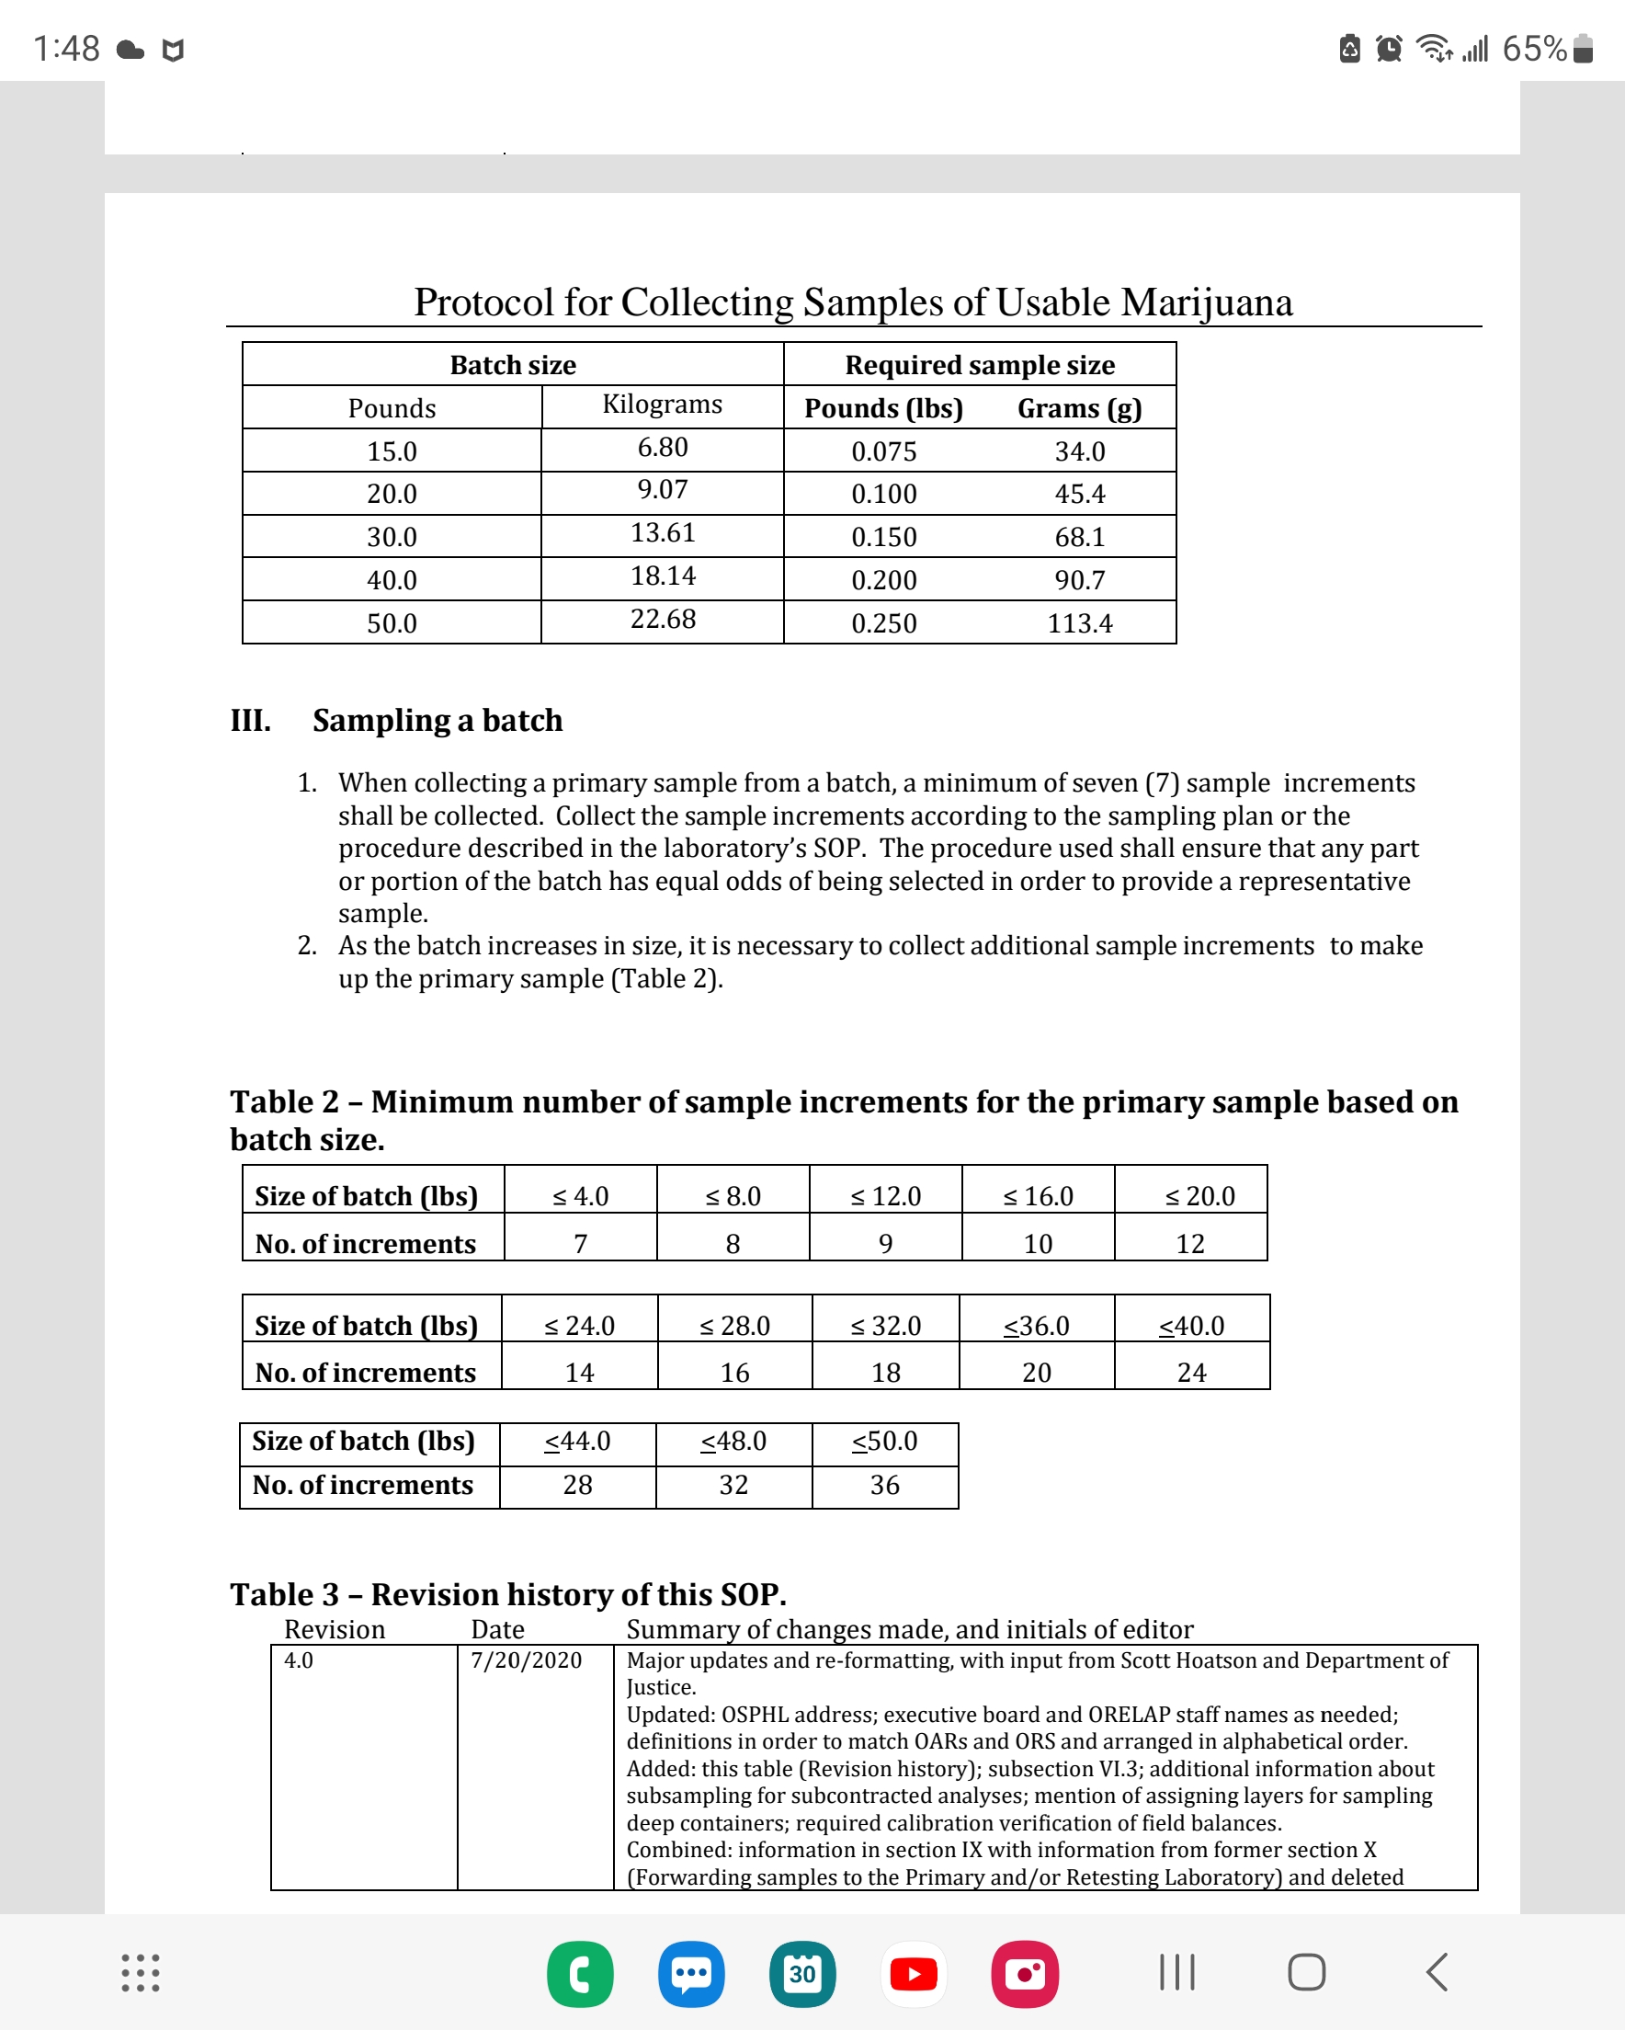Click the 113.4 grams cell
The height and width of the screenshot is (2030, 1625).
coord(1079,623)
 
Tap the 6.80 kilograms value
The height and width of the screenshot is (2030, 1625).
coord(663,447)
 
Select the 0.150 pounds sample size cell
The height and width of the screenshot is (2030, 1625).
coord(883,537)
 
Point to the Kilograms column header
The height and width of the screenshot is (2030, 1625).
coord(663,404)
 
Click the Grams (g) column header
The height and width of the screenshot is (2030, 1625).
coord(1079,408)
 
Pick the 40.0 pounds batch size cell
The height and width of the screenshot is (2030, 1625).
coord(392,580)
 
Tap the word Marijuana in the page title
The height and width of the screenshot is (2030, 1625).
coord(1206,302)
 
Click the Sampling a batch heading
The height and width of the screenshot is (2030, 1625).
coord(437,720)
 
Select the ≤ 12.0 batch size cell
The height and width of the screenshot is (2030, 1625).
coord(885,1196)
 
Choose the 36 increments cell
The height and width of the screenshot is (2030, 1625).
coord(884,1485)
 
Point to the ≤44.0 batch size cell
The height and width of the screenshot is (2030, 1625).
coord(577,1441)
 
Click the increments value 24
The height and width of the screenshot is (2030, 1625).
coord(1191,1373)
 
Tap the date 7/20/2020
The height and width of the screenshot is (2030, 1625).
coord(527,1660)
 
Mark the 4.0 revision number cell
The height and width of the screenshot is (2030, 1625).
coord(299,1660)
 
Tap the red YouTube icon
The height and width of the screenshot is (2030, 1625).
coord(914,1974)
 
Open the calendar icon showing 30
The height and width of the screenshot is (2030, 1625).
coord(802,1974)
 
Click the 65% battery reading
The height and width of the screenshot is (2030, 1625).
coord(1534,48)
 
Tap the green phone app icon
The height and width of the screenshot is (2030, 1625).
coord(580,1974)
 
